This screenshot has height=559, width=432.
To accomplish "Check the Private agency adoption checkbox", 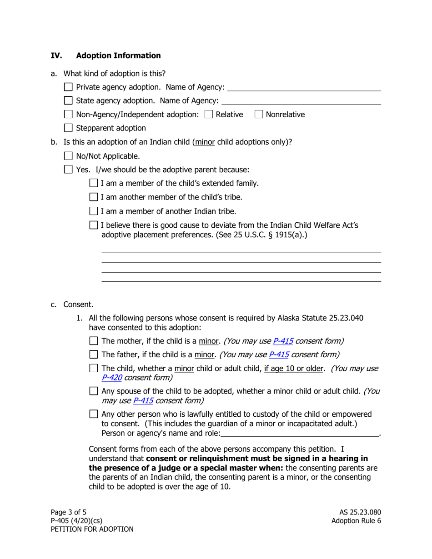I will [68, 87].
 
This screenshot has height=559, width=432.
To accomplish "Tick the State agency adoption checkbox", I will [68, 100].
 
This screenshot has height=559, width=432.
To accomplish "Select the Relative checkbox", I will [209, 115].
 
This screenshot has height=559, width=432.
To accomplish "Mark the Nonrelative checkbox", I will [259, 115].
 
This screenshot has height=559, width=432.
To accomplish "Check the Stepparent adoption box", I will [68, 128].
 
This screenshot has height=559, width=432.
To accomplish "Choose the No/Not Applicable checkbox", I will [68, 156].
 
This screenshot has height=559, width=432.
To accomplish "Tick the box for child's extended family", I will [94, 183].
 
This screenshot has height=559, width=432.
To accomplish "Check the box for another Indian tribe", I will [94, 211].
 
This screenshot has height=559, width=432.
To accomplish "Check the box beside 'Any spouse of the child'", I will [94, 391].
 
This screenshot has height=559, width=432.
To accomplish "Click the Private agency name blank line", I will [304, 87].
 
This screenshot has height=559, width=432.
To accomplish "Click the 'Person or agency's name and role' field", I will [300, 433].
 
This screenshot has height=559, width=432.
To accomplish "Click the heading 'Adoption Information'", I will [118, 55].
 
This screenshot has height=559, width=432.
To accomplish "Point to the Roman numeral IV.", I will [56, 55].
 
